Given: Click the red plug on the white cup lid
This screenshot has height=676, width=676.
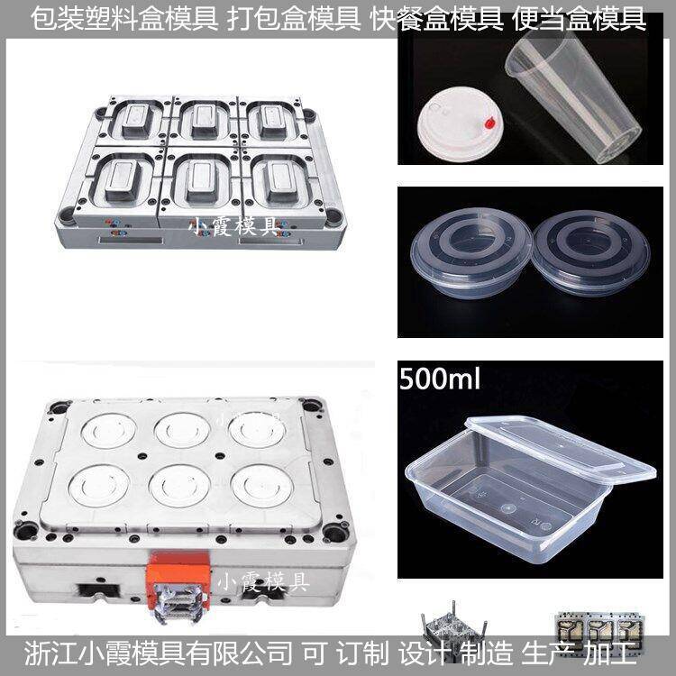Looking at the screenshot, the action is tap(490, 123).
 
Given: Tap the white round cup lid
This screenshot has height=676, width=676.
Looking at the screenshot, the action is tap(460, 123).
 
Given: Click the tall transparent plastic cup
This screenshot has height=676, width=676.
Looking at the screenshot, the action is tap(573, 95).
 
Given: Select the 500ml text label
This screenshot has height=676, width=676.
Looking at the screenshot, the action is tap(439, 379).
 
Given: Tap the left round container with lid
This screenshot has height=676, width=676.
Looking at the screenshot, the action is tap(471, 252).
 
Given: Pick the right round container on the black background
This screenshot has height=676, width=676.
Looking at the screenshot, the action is tap(590, 252).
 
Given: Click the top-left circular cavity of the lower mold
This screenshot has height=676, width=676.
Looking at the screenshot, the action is tap(109, 430).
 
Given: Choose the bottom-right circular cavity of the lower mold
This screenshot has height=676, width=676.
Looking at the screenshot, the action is tap(262, 486).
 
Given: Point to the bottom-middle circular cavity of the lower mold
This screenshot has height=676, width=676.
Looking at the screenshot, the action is tap(179, 486).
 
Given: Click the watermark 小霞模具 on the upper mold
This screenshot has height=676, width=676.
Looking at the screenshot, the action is tap(233, 226).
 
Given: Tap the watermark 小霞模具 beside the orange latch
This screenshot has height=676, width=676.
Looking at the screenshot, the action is tap(263, 581).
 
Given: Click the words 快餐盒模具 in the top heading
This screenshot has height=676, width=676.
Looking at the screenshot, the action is tap(437, 20).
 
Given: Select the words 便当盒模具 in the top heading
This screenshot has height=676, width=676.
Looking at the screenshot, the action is tap(579, 20).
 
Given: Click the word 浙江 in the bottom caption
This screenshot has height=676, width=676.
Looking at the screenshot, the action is tap(50, 653).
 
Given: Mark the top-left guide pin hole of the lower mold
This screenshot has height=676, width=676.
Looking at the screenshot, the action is tap(59, 407).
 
